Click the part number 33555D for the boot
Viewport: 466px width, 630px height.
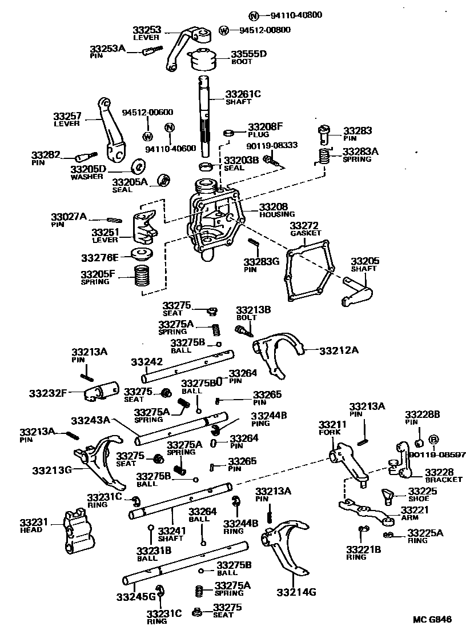pos(248,54)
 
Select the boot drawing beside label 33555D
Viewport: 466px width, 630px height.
pos(203,58)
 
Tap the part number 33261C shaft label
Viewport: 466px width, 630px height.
pos(242,94)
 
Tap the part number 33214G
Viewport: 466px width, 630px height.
pos(296,592)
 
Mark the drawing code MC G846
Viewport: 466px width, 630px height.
pos(432,619)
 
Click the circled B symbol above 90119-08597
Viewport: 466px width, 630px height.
pos(433,439)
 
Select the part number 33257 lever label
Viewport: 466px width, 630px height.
pos(67,116)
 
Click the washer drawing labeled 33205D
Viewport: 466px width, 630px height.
pos(138,166)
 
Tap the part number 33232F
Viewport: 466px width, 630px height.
pos(48,393)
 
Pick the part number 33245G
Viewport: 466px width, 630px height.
pos(136,597)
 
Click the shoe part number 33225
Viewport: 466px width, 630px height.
pos(422,491)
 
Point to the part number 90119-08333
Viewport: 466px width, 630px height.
pos(272,146)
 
